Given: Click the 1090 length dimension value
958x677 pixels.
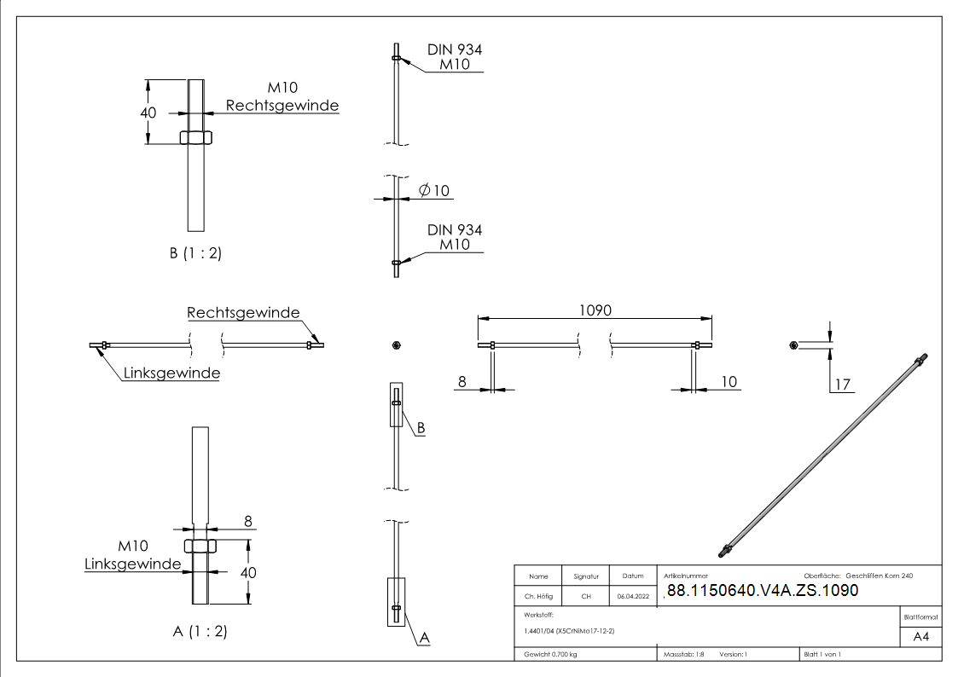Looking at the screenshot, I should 595,310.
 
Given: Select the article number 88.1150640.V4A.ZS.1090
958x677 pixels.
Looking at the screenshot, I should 762,591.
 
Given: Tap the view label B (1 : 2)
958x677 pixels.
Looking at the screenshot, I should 195,253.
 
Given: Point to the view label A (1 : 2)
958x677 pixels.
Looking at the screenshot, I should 200,632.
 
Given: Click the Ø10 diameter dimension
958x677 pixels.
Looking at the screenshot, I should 434,190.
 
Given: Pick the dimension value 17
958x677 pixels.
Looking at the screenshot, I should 843,385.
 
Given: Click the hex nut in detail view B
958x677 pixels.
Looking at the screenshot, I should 196,137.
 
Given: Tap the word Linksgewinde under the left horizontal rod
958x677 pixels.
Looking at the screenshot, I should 171,373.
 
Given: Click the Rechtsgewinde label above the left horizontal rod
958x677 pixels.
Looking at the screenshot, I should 243,313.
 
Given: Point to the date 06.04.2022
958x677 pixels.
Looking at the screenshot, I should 633,597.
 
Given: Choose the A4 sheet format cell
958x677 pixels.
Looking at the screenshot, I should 921,637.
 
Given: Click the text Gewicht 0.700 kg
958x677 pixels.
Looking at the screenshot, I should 551,655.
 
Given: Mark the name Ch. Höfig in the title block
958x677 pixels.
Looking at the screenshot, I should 538,597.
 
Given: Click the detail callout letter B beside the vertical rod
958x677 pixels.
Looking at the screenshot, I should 420,429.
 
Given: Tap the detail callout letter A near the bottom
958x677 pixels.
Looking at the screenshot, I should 424,637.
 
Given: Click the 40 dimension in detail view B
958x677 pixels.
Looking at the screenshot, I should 148,113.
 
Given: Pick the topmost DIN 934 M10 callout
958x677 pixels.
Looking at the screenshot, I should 454,57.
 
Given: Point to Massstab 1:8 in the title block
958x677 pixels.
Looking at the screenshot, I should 684,655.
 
